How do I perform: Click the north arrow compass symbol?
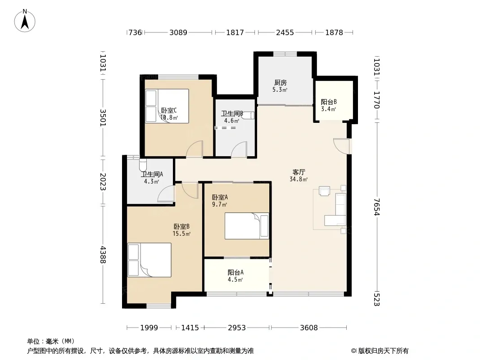25,21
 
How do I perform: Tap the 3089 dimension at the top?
178,32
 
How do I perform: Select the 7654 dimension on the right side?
377,207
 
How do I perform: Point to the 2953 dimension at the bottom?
237,328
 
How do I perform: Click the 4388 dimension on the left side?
103,255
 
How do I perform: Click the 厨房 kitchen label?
281,83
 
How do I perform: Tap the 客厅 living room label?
299,172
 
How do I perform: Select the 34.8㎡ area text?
299,179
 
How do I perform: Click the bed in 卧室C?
167,106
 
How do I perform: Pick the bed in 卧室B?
149,260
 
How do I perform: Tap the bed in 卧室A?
247,226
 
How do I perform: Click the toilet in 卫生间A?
143,165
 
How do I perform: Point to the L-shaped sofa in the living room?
335,210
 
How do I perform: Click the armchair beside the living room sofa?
325,190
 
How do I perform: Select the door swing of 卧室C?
195,149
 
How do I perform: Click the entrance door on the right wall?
342,146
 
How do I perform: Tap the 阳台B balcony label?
329,102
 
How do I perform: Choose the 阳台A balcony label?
235,272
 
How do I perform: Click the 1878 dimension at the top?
334,32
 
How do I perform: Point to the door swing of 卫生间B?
239,150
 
